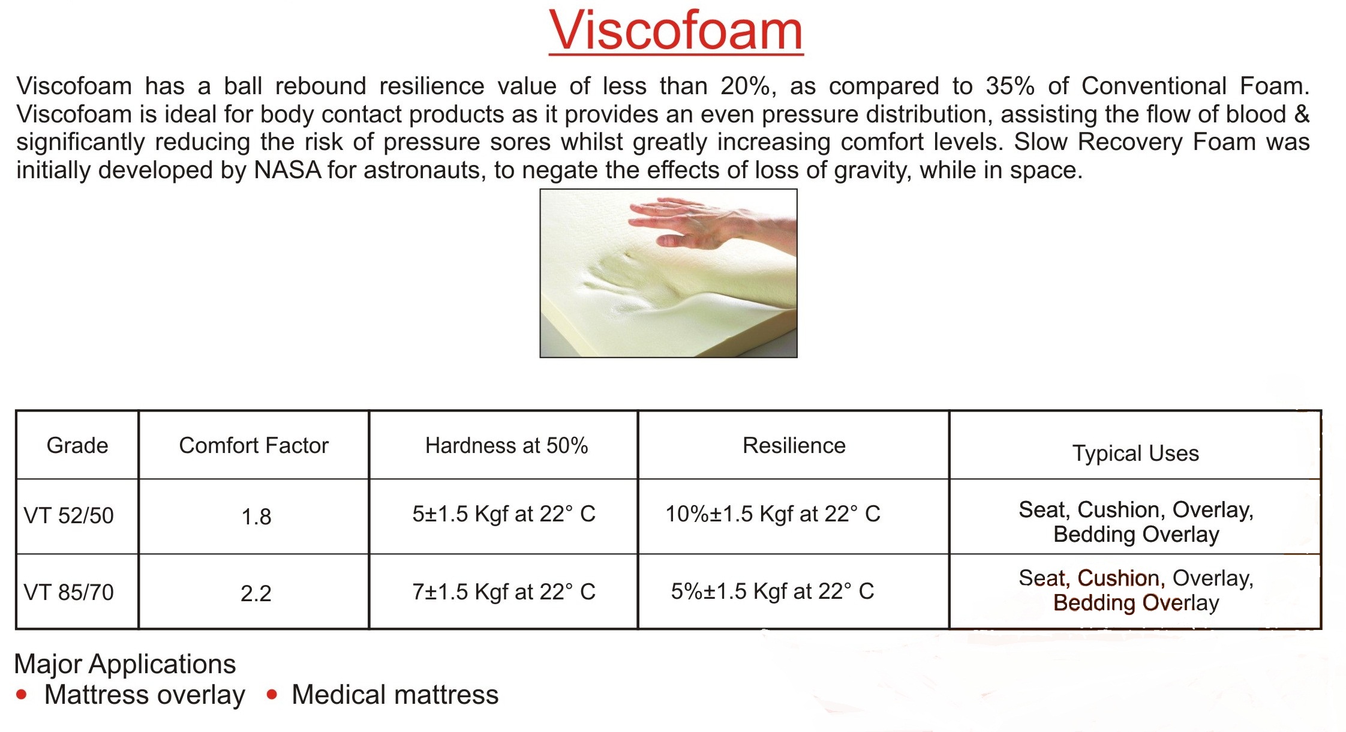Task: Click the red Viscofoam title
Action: [x=676, y=31]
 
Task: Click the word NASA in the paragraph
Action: [x=288, y=170]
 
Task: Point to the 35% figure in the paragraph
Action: [x=1010, y=86]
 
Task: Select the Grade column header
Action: [x=77, y=446]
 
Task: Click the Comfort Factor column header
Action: [x=254, y=446]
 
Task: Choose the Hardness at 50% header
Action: [x=506, y=446]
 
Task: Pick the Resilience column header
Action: [x=794, y=446]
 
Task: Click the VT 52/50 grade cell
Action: [x=68, y=516]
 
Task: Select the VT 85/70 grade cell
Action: [x=68, y=593]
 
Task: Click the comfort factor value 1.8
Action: [x=256, y=517]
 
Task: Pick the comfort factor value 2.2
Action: [x=256, y=594]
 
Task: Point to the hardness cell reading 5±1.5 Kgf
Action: [x=504, y=514]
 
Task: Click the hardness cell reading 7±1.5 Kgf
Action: [x=504, y=592]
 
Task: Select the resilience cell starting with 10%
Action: [x=773, y=514]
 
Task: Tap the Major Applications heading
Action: [x=125, y=664]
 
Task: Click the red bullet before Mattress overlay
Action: [x=22, y=695]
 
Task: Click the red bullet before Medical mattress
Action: [x=272, y=695]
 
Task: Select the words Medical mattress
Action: [x=395, y=695]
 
